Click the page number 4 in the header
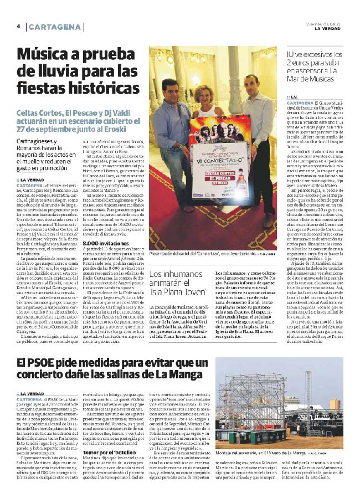[x=18, y=27]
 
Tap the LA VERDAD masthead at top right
[x=330, y=29]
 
